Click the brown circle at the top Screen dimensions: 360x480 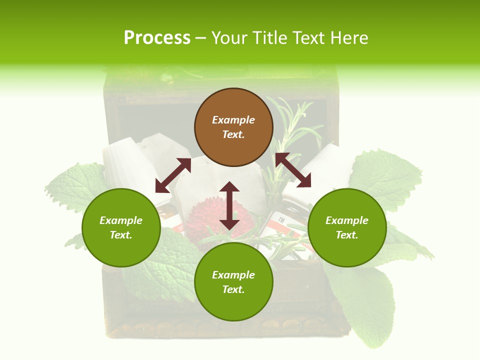coord(233,127)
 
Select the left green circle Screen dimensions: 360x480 coord(121,227)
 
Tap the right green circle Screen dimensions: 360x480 coord(347,227)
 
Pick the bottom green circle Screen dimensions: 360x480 coord(233,282)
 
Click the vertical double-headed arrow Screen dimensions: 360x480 coord(229,205)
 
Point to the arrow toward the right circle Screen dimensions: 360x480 coord(293,170)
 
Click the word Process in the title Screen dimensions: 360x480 coord(157,38)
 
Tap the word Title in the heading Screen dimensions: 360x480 coord(271,38)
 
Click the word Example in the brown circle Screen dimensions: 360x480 coord(233,120)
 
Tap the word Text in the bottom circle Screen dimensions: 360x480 coord(233,289)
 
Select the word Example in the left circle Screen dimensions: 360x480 coord(121,220)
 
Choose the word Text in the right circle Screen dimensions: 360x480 coord(347,235)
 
